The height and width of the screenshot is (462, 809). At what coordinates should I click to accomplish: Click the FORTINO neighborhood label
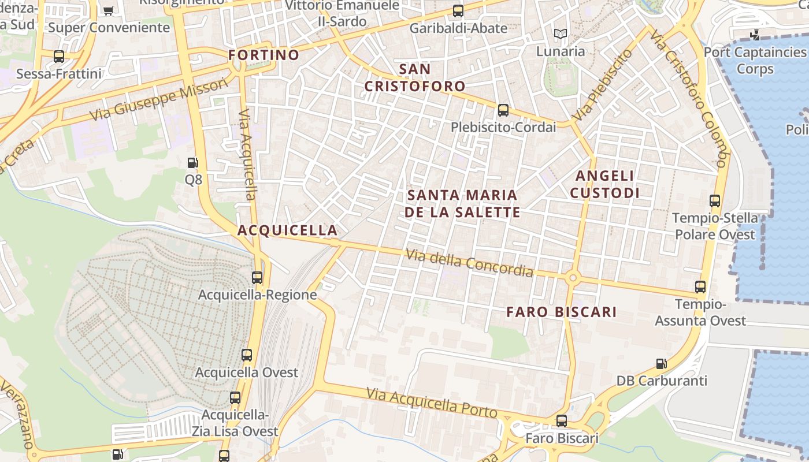click(264, 55)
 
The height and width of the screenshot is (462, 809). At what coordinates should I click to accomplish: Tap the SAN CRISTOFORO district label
click(415, 78)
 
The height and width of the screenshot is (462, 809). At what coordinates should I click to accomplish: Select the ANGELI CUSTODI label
click(605, 184)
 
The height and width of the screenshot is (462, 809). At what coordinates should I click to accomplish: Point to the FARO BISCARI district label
click(562, 312)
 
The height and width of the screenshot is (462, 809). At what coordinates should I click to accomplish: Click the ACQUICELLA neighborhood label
click(287, 230)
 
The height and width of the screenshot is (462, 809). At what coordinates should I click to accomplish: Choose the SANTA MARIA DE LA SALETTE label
click(462, 203)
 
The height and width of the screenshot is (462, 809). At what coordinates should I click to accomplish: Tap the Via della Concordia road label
click(469, 262)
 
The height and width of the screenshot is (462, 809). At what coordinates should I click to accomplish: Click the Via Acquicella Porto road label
click(432, 403)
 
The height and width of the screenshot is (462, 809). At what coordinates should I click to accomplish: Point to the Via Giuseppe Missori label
click(159, 100)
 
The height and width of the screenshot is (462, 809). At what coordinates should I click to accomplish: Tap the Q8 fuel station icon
click(193, 163)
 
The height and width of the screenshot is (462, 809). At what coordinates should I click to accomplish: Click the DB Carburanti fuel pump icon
click(662, 364)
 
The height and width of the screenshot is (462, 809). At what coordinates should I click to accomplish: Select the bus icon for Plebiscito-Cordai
click(503, 110)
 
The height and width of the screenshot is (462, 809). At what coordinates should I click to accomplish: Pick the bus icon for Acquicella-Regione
click(257, 278)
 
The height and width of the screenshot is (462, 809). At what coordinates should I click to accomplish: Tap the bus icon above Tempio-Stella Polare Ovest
click(715, 201)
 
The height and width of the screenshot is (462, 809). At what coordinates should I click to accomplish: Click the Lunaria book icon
click(560, 33)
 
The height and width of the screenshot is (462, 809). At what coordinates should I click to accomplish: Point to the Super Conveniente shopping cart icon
click(108, 10)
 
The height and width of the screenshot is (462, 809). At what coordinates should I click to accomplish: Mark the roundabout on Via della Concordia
click(573, 278)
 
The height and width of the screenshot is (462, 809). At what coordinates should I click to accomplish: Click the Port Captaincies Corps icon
click(755, 35)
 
